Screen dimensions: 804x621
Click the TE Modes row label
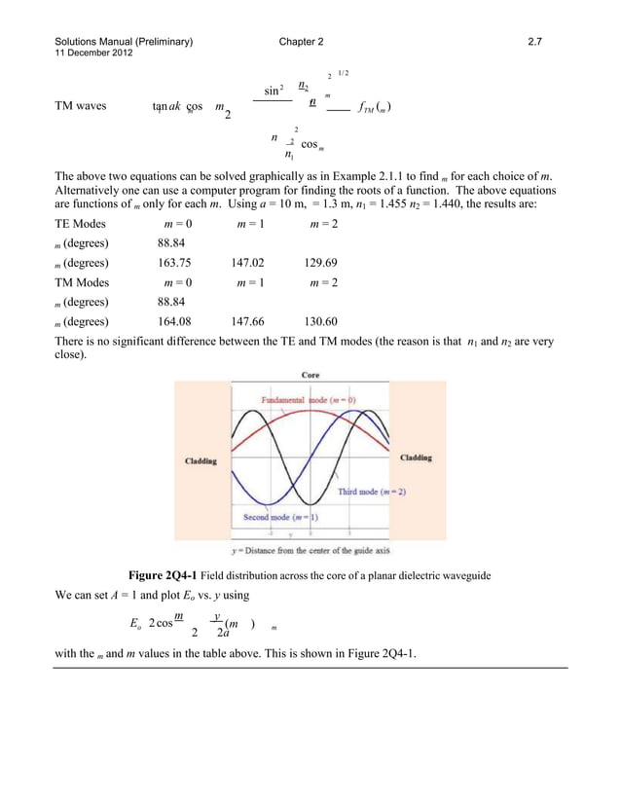click(81, 224)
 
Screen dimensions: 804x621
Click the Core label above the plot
click(310, 375)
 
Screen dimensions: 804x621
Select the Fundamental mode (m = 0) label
click(308, 400)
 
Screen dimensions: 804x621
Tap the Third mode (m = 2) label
click(372, 492)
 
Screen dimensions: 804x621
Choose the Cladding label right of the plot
click(417, 457)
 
